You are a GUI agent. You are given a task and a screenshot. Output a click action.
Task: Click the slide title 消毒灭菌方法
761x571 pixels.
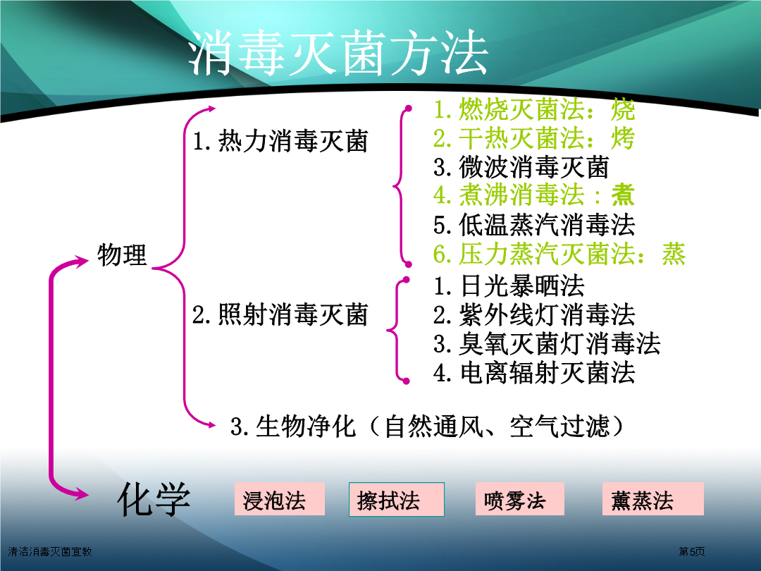tap(338, 52)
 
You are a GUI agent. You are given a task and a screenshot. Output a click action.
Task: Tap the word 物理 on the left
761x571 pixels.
tap(122, 255)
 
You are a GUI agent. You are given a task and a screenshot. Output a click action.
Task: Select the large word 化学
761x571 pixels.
tap(154, 499)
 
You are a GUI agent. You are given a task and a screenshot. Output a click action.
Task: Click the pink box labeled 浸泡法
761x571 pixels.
tap(280, 498)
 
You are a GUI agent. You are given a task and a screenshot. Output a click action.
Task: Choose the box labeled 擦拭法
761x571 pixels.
tap(397, 499)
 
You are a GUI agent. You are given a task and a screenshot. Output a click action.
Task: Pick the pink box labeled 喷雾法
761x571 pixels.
tap(520, 498)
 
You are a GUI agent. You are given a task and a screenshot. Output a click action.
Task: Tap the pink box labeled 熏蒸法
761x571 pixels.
tap(652, 498)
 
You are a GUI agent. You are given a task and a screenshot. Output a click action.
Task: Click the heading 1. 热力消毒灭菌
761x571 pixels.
tap(280, 141)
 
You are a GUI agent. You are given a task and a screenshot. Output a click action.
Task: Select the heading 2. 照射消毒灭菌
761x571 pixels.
tap(280, 314)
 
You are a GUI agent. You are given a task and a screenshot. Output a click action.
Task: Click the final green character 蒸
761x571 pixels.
tap(674, 254)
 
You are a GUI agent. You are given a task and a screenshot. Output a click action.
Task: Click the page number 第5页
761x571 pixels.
tap(692, 551)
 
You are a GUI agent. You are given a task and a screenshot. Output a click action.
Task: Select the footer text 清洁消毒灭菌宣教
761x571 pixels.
tap(50, 551)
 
